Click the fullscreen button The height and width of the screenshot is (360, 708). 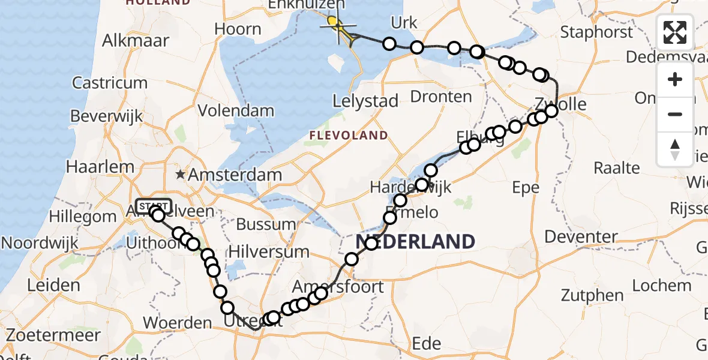point(675,32)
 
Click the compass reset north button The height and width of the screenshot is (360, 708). point(675,149)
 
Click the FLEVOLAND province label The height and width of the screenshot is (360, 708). point(348,135)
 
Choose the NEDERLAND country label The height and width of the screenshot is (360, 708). point(415,242)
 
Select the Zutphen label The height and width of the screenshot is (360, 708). point(592,295)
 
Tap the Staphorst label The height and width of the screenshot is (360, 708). point(596,32)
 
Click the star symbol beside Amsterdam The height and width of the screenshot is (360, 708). point(180,175)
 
